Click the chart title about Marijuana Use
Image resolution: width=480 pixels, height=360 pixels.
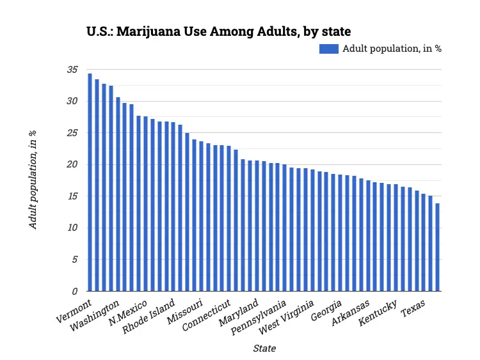[x=218, y=31]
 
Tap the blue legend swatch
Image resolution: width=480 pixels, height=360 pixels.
[x=328, y=49]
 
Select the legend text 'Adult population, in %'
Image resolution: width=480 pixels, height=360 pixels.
[x=392, y=49]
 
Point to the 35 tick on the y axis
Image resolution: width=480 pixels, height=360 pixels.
[x=72, y=70]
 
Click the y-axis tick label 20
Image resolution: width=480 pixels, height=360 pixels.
[x=72, y=165]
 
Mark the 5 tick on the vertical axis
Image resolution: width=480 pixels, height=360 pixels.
[x=74, y=260]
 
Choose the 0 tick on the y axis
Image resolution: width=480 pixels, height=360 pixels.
[x=74, y=292]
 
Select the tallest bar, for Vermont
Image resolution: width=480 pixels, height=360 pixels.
[x=90, y=182]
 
